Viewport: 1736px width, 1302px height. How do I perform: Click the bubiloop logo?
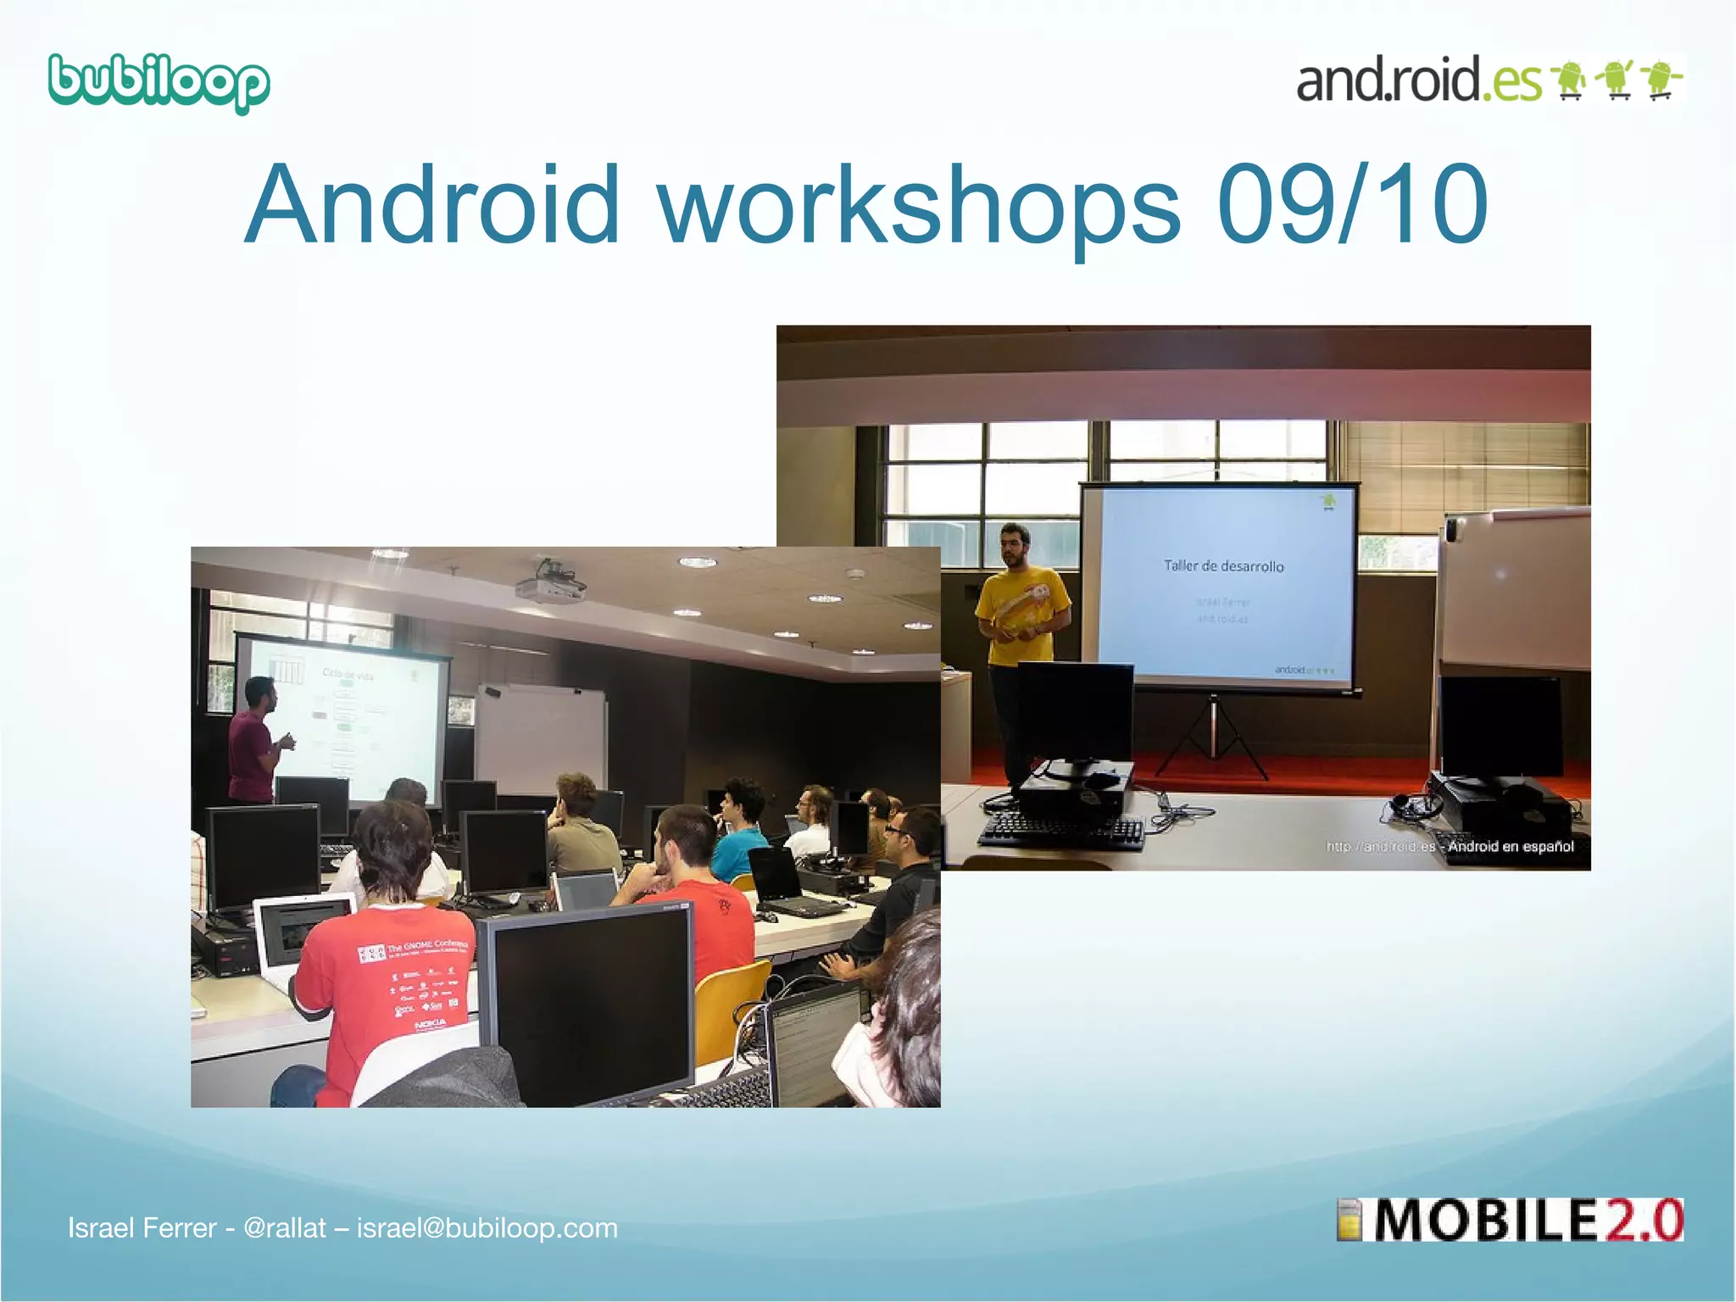pyautogui.click(x=159, y=83)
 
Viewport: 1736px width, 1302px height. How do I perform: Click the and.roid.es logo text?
pyautogui.click(x=1418, y=81)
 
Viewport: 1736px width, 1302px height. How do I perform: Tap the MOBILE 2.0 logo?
pyautogui.click(x=1510, y=1221)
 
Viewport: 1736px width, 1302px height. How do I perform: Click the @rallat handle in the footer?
pyautogui.click(x=284, y=1228)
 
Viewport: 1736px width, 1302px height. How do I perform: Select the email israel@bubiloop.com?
pyautogui.click(x=487, y=1228)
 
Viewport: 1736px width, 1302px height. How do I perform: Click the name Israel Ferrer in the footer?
pyautogui.click(x=142, y=1228)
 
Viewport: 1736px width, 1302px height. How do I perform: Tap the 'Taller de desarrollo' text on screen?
pyautogui.click(x=1223, y=566)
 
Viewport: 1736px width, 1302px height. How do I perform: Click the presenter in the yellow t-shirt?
pyautogui.click(x=1020, y=644)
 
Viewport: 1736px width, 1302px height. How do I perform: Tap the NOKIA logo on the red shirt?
pyautogui.click(x=430, y=1025)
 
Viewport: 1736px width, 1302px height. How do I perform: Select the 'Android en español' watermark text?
pyautogui.click(x=1511, y=846)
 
